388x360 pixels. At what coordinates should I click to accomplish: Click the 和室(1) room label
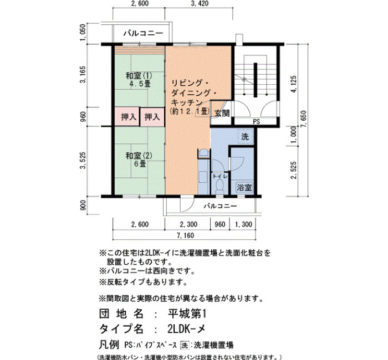pyautogui.click(x=139, y=75)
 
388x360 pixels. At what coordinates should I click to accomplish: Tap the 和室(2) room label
pyautogui.click(x=139, y=156)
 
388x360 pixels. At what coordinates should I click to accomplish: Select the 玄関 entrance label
pyautogui.click(x=222, y=113)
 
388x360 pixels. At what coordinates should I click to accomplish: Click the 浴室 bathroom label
pyautogui.click(x=244, y=188)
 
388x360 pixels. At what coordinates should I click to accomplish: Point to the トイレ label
pyautogui.click(x=220, y=176)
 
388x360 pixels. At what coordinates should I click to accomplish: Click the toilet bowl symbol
pyautogui.click(x=219, y=186)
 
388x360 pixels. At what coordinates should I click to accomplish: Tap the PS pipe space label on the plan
pyautogui.click(x=256, y=122)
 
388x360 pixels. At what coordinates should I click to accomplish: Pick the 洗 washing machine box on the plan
pyautogui.click(x=245, y=136)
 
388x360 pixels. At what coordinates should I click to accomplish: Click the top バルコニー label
pyautogui.click(x=143, y=33)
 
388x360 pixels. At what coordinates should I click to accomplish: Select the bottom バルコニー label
pyautogui.click(x=220, y=205)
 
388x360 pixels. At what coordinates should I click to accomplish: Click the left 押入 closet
pyautogui.click(x=127, y=117)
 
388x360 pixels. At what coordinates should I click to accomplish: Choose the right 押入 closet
pyautogui.click(x=152, y=117)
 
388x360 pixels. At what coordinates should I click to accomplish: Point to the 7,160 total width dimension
pyautogui.click(x=185, y=235)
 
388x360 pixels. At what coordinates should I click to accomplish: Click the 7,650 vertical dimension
pyautogui.click(x=303, y=119)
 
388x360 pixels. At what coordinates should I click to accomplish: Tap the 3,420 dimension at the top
pyautogui.click(x=200, y=3)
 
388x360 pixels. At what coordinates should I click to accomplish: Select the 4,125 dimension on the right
pyautogui.click(x=294, y=84)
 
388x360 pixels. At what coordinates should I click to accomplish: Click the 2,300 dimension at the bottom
pyautogui.click(x=188, y=224)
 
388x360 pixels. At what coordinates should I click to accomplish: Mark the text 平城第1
pyautogui.click(x=187, y=314)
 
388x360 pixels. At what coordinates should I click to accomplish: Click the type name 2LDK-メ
pyautogui.click(x=186, y=329)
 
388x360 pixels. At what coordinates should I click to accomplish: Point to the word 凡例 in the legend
pyautogui.click(x=109, y=344)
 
